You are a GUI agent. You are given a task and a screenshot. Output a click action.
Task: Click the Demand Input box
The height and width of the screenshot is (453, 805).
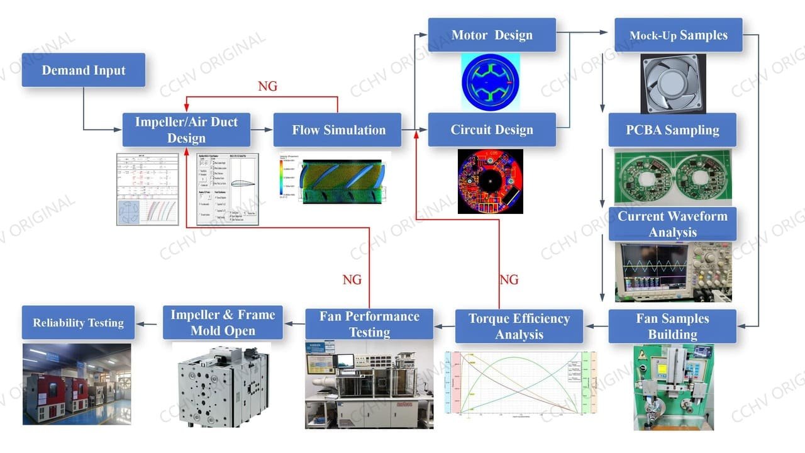click(84, 70)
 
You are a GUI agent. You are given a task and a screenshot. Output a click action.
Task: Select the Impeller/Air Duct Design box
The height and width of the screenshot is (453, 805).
click(186, 130)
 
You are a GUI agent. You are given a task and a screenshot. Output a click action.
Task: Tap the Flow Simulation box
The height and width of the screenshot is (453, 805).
click(338, 130)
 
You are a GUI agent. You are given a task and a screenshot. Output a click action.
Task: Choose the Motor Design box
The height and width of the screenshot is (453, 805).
click(492, 35)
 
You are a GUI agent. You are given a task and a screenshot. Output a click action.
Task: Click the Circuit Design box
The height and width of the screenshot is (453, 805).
click(492, 130)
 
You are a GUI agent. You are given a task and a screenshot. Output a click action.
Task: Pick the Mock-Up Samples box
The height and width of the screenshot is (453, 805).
click(678, 35)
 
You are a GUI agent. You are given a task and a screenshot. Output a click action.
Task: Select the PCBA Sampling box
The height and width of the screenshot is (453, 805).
click(672, 130)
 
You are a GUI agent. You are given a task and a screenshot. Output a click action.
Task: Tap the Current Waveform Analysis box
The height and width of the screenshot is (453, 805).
click(672, 224)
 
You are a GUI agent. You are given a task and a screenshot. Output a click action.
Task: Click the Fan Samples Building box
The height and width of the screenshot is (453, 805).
click(672, 326)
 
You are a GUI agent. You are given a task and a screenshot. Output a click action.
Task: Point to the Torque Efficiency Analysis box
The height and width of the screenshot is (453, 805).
click(519, 326)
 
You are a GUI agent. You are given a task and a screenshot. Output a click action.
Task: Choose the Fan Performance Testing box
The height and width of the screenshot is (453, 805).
click(369, 324)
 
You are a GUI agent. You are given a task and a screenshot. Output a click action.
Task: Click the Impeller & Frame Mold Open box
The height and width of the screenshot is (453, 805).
click(223, 323)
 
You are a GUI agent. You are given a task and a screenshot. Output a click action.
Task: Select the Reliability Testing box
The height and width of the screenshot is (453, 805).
click(79, 323)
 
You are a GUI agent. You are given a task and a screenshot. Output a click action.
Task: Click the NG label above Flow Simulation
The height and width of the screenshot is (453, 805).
click(267, 86)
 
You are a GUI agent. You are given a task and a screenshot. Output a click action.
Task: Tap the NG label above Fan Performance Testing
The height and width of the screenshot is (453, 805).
click(352, 279)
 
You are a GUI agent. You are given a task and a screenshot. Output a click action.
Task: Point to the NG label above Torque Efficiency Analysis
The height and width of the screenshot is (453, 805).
click(509, 279)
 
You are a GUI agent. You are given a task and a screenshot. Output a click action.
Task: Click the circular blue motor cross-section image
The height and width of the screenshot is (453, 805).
click(491, 82)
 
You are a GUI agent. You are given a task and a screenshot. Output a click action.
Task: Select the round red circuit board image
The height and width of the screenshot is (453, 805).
click(490, 181)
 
